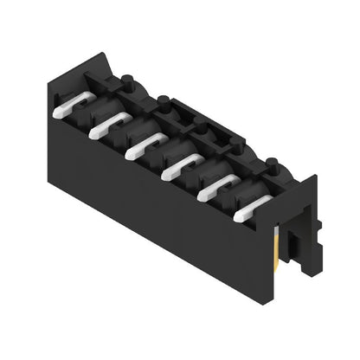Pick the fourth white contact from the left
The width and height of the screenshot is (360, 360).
coord(181,164)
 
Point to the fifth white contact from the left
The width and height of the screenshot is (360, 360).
coord(217,184)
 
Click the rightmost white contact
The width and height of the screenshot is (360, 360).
coord(252,205)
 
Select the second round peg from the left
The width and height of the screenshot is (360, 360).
coord(163,100)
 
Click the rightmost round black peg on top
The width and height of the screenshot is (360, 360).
coord(271,162)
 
